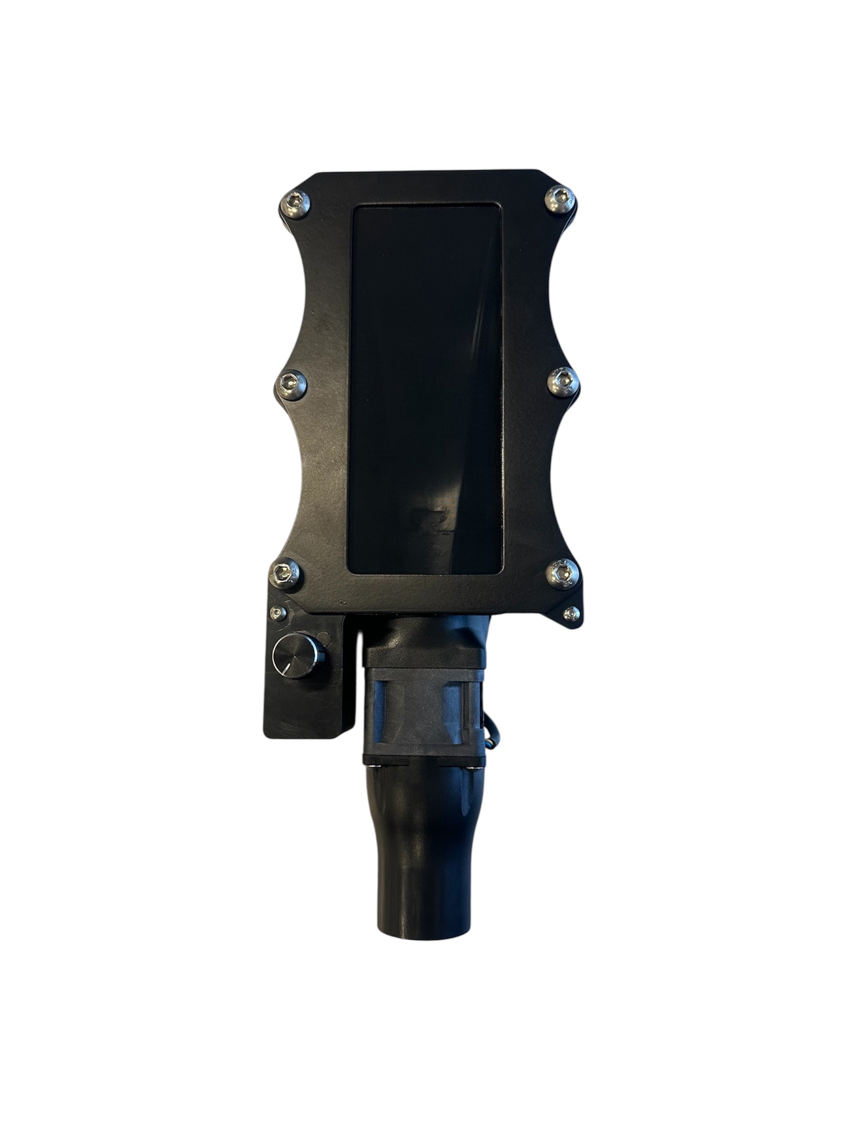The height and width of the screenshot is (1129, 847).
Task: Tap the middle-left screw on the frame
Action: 292,382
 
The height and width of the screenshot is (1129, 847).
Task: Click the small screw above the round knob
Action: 278,612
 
